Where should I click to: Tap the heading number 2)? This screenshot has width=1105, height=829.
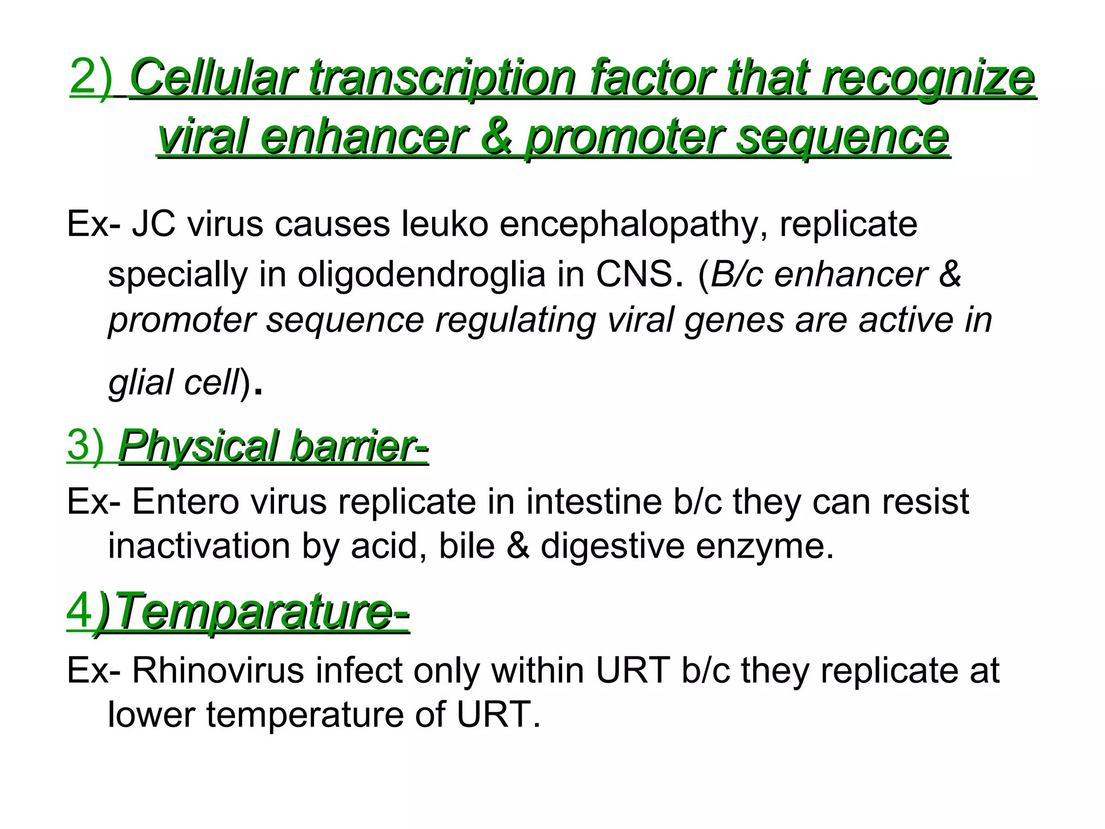click(91, 78)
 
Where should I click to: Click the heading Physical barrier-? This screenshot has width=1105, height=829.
click(273, 447)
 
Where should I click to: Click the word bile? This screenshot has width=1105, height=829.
click(467, 546)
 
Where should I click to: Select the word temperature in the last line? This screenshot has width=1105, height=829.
click(305, 715)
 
